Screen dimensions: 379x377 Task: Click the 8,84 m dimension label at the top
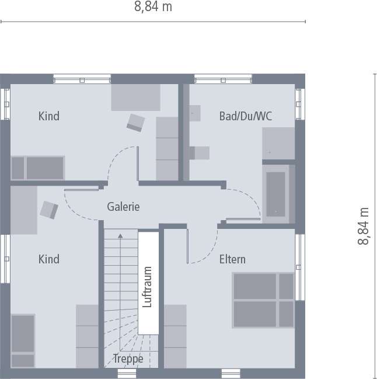point(153,7)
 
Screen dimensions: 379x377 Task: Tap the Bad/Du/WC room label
point(245,116)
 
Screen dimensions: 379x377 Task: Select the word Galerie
point(123,207)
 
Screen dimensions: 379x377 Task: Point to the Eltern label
point(232,259)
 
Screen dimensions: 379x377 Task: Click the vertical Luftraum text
point(147,287)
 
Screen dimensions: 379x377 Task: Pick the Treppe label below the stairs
point(128,359)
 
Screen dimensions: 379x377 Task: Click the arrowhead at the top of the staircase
point(120,236)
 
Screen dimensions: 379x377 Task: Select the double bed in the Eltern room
point(263,300)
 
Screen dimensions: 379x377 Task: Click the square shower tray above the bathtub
point(278,144)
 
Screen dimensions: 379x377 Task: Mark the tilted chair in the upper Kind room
point(136,123)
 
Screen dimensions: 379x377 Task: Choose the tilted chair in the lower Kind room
point(48,209)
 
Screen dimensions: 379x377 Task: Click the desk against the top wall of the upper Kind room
point(136,97)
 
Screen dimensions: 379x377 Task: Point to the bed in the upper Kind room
point(37,168)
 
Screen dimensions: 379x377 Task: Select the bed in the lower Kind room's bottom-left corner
point(23,341)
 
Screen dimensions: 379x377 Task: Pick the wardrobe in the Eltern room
point(175,336)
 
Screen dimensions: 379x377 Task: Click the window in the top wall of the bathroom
point(223,79)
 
